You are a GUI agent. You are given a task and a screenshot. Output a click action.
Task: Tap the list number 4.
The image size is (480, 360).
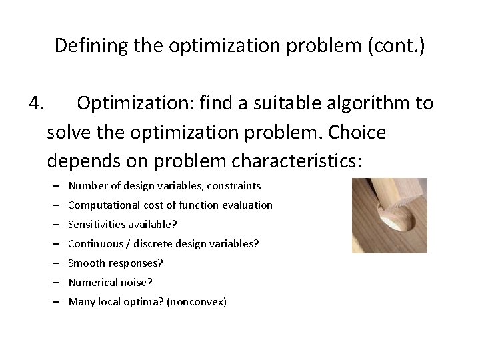[37, 103]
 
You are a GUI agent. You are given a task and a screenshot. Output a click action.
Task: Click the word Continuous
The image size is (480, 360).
[93, 244]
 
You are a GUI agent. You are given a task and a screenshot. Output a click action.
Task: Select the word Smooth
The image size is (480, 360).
[85, 263]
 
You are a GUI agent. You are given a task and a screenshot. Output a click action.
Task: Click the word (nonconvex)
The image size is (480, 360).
[198, 302]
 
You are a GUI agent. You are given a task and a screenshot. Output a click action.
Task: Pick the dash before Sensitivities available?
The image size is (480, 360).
[58, 225]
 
